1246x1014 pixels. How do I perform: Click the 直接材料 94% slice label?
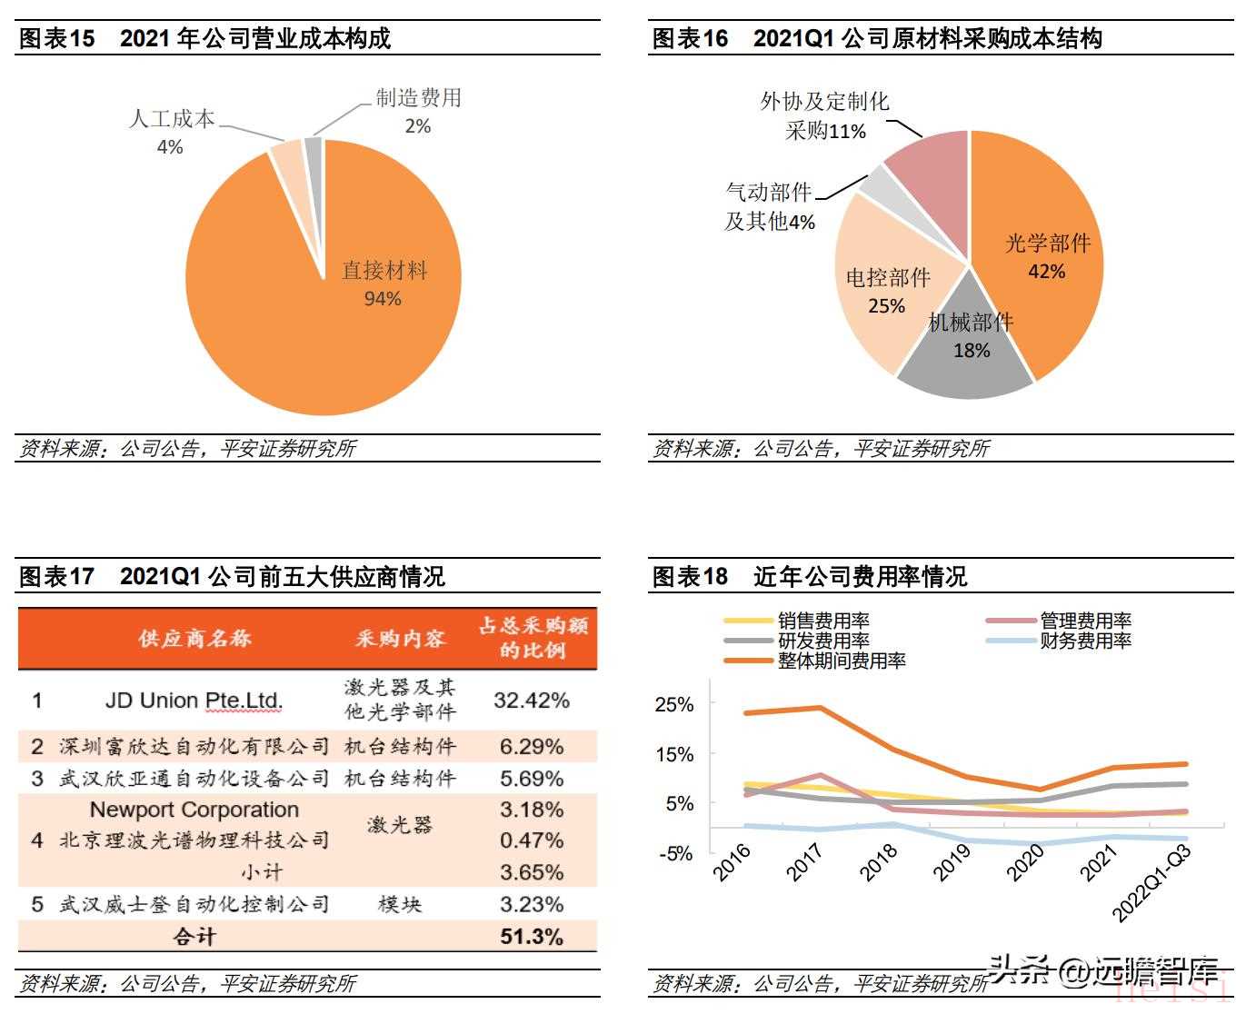click(x=384, y=284)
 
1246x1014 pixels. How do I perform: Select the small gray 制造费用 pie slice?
click(x=314, y=150)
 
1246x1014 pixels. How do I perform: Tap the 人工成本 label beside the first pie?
click(x=171, y=119)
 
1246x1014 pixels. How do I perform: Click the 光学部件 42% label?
click(x=1047, y=256)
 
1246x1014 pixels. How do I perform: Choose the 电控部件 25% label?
click(x=887, y=291)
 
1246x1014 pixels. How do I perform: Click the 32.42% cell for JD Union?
click(x=532, y=701)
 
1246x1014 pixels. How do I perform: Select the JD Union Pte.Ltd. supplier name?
click(x=194, y=701)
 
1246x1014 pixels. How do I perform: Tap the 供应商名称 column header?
click(x=194, y=638)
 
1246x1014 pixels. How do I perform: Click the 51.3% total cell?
click(x=532, y=937)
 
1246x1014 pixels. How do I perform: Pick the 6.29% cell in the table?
click(x=532, y=747)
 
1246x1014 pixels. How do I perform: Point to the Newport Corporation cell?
click(x=194, y=810)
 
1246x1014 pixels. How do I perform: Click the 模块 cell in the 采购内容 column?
click(x=400, y=904)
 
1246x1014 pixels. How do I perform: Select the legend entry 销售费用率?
click(x=823, y=621)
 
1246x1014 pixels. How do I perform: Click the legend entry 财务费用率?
click(x=1086, y=641)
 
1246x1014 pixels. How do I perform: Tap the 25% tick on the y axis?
click(x=674, y=704)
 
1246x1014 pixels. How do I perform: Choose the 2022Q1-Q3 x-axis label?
click(x=1152, y=881)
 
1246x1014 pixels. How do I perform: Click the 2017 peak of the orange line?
click(x=820, y=707)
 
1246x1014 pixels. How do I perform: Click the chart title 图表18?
click(x=691, y=577)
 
